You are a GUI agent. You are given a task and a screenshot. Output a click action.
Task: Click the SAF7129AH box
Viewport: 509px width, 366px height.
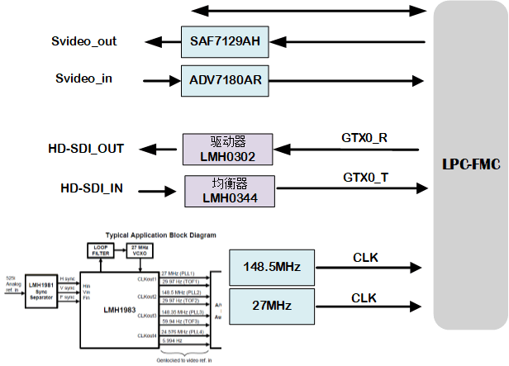pos(225,41)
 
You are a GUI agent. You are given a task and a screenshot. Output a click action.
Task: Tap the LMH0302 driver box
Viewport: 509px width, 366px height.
pos(228,149)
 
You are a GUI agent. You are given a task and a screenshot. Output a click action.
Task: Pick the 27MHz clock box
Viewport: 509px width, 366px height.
pos(272,306)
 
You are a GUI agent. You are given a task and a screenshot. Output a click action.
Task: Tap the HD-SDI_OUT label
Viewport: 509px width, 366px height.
pos(86,149)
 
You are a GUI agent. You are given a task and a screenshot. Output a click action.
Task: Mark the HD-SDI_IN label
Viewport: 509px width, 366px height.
pos(86,188)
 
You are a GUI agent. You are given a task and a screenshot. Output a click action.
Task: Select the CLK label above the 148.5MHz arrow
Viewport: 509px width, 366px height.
pos(365,258)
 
